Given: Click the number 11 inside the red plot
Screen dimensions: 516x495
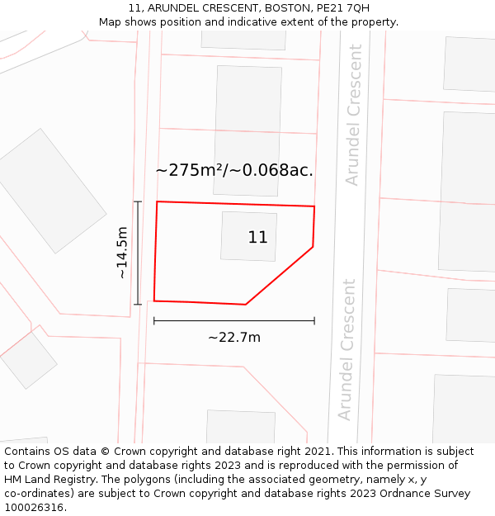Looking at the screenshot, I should coord(257,238).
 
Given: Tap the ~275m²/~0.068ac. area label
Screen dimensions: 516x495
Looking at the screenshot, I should coord(234,171).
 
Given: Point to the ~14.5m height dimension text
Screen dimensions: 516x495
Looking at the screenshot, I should coord(122,253).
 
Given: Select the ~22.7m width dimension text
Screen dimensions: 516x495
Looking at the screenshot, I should coord(234,337).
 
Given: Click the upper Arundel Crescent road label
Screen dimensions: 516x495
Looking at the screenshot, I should coord(354,116).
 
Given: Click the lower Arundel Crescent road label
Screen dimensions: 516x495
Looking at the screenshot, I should coord(347,349).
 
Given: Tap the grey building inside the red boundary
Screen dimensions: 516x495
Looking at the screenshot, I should coord(247,236).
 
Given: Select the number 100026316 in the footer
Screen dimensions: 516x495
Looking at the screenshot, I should coord(33,507).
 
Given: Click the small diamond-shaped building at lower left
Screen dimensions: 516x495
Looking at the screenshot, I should coord(29,360).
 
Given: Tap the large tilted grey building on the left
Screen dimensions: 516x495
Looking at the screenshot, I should coord(52,190).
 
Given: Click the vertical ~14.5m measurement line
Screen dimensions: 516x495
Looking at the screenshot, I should coord(138,253).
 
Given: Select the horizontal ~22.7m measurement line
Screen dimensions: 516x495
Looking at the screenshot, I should coord(234,320).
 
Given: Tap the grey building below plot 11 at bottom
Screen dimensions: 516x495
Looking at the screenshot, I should coord(240,426).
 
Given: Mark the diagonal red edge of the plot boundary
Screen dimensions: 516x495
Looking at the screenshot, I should coord(280,275).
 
